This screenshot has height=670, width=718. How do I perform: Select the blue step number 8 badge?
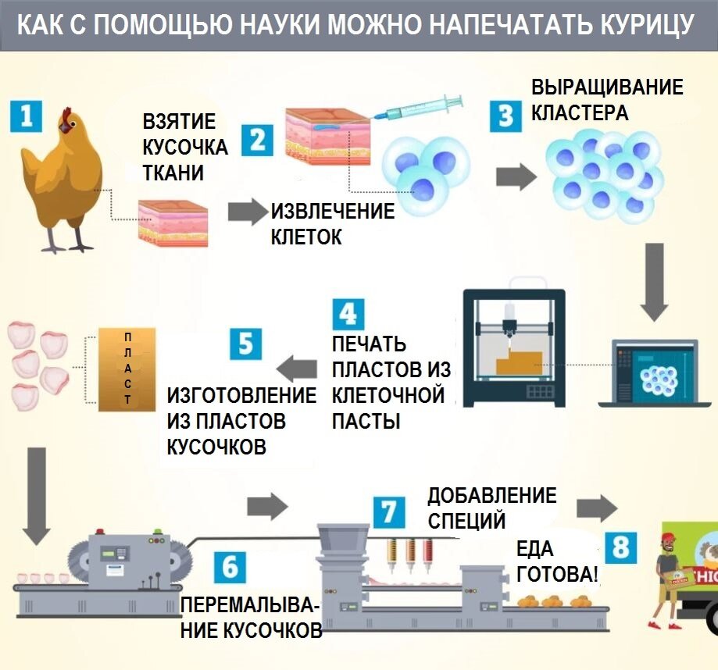621,547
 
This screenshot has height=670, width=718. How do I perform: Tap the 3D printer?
513,347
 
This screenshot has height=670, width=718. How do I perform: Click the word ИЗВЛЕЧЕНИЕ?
333,212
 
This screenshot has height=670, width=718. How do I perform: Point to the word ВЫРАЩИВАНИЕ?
607,87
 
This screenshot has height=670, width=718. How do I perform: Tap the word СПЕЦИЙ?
466,520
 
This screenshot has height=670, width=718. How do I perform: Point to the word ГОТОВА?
558,576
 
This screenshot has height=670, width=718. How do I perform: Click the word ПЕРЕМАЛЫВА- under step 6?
250,607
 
